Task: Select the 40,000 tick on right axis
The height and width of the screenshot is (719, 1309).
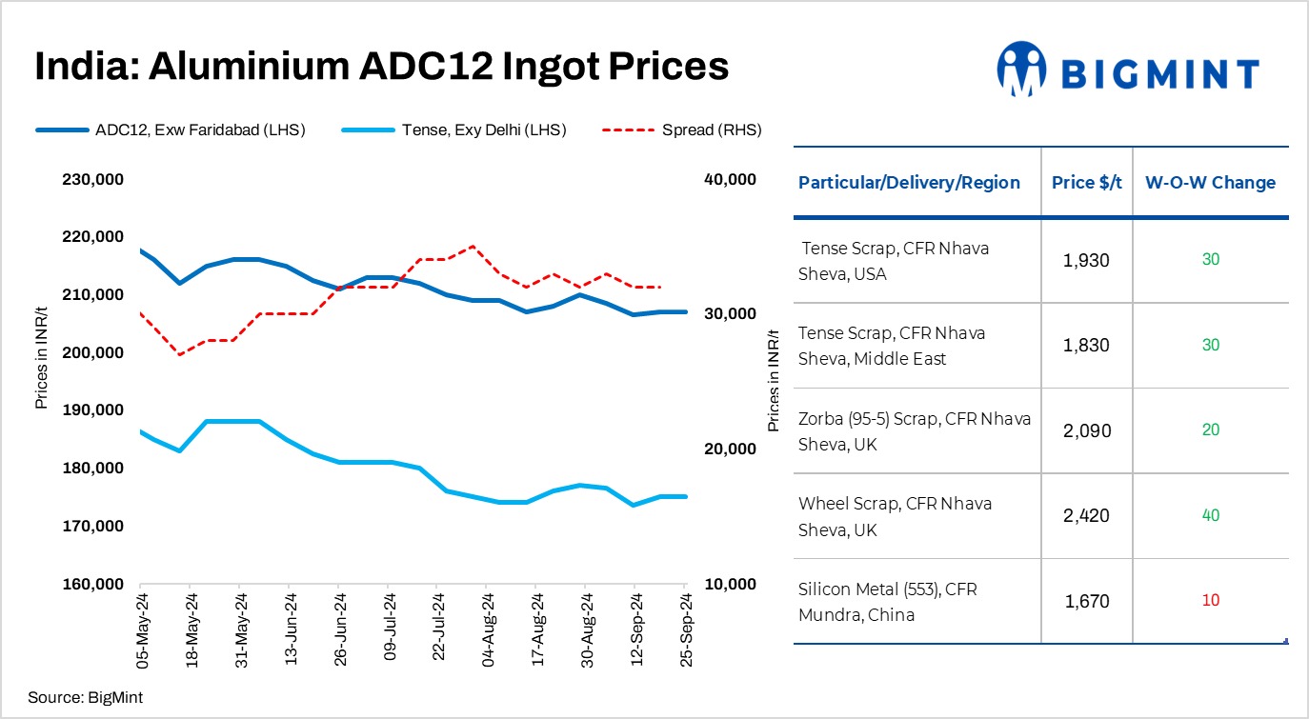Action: [x=730, y=179]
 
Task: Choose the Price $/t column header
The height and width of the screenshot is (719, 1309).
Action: [x=1086, y=183]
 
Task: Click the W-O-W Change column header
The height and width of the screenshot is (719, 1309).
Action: [x=1210, y=183]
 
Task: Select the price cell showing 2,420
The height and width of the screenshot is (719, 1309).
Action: [x=1086, y=515]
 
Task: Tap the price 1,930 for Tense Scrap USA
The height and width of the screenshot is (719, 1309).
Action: [x=1086, y=260]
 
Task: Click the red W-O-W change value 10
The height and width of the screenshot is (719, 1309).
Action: [x=1210, y=601]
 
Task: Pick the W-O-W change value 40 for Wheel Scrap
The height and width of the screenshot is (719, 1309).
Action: [x=1210, y=515]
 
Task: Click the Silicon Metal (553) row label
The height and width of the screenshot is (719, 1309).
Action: [x=888, y=602]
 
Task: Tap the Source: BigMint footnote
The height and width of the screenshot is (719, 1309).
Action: [x=85, y=698]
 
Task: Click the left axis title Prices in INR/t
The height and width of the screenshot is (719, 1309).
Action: [x=41, y=352]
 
